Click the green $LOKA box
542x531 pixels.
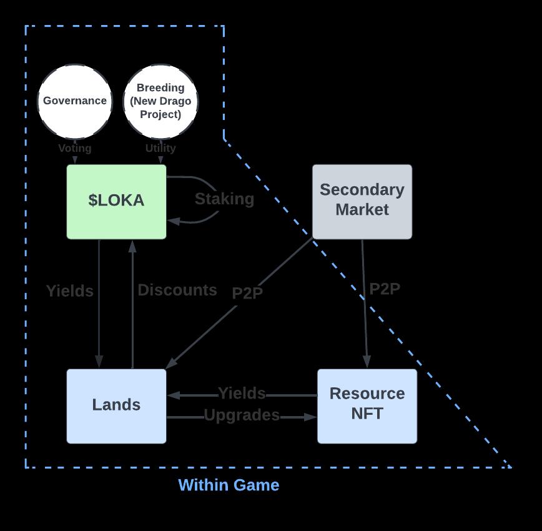117,201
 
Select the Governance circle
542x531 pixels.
75,101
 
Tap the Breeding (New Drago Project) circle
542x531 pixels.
161,101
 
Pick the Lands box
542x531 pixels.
117,405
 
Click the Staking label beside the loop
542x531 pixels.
224,199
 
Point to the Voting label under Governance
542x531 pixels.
75,149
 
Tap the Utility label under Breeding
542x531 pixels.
160,149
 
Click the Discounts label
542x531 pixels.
177,290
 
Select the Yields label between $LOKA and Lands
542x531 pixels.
70,291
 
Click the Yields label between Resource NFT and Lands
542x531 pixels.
242,394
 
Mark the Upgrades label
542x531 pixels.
242,415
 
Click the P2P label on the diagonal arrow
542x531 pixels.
247,294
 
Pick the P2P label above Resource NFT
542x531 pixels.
385,289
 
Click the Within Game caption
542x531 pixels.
229,485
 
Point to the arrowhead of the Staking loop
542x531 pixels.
173,221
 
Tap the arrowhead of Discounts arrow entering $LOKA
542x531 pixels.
132,246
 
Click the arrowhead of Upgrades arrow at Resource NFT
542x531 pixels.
310,417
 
